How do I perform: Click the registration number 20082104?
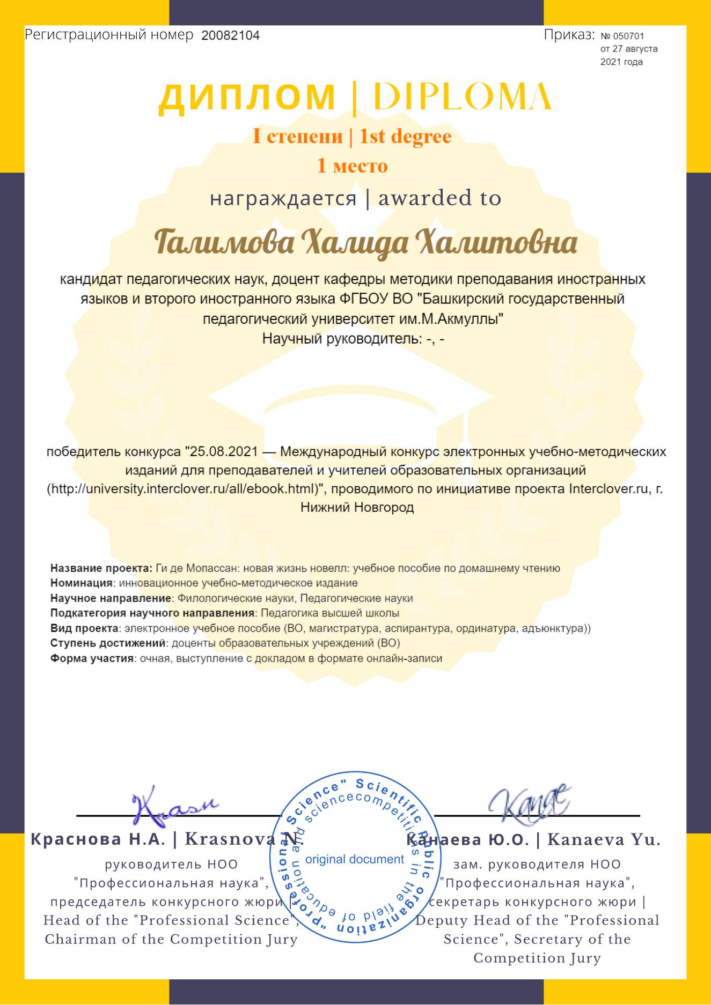[230, 36]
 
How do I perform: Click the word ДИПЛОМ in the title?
[247, 98]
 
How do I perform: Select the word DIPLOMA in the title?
[462, 98]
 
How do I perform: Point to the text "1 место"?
[352, 166]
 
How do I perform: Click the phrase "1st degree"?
[405, 136]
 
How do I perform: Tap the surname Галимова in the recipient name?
[225, 243]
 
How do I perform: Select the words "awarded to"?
[439, 198]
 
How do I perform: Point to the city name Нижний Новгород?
[357, 507]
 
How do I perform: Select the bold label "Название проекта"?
[101, 568]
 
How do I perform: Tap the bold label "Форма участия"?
[92, 658]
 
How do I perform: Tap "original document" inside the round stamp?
[354, 859]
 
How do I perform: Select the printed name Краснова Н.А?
[98, 839]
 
